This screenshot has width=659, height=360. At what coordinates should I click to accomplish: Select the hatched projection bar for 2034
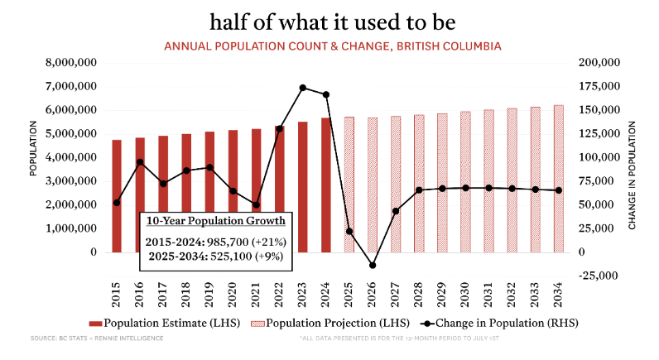coord(558,178)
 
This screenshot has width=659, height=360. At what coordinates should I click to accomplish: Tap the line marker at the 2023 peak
coord(303,88)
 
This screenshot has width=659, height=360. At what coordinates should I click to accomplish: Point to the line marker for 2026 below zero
coord(373,266)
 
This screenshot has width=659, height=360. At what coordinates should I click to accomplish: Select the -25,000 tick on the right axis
coord(599,276)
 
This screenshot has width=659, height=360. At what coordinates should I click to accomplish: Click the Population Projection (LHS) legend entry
coord(316,323)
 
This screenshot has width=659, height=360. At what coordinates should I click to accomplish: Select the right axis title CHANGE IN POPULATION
coord(633,175)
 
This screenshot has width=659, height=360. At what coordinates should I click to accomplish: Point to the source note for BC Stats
coord(75,339)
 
